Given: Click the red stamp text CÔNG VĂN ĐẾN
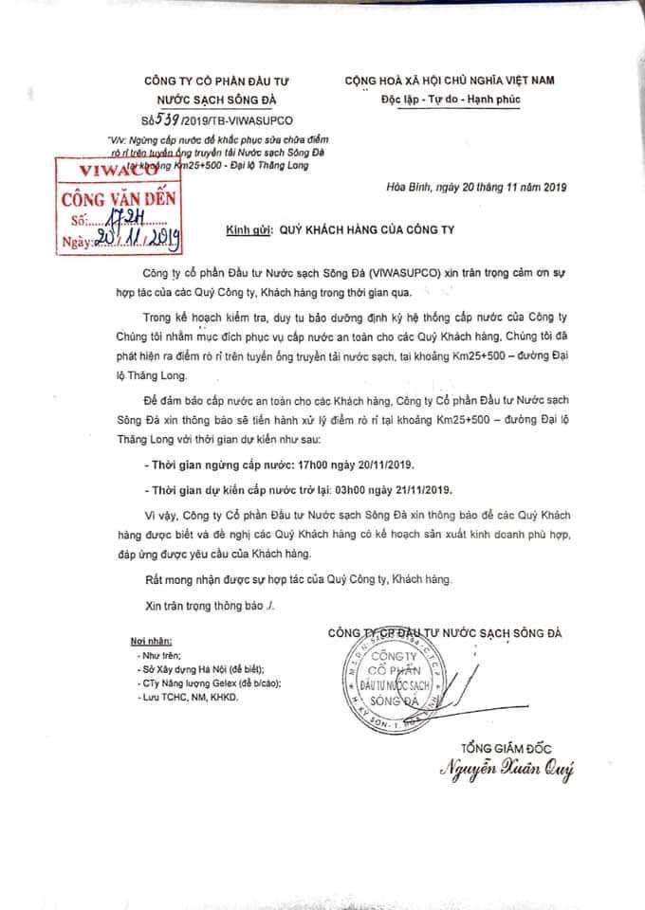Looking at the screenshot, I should tap(123, 201).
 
